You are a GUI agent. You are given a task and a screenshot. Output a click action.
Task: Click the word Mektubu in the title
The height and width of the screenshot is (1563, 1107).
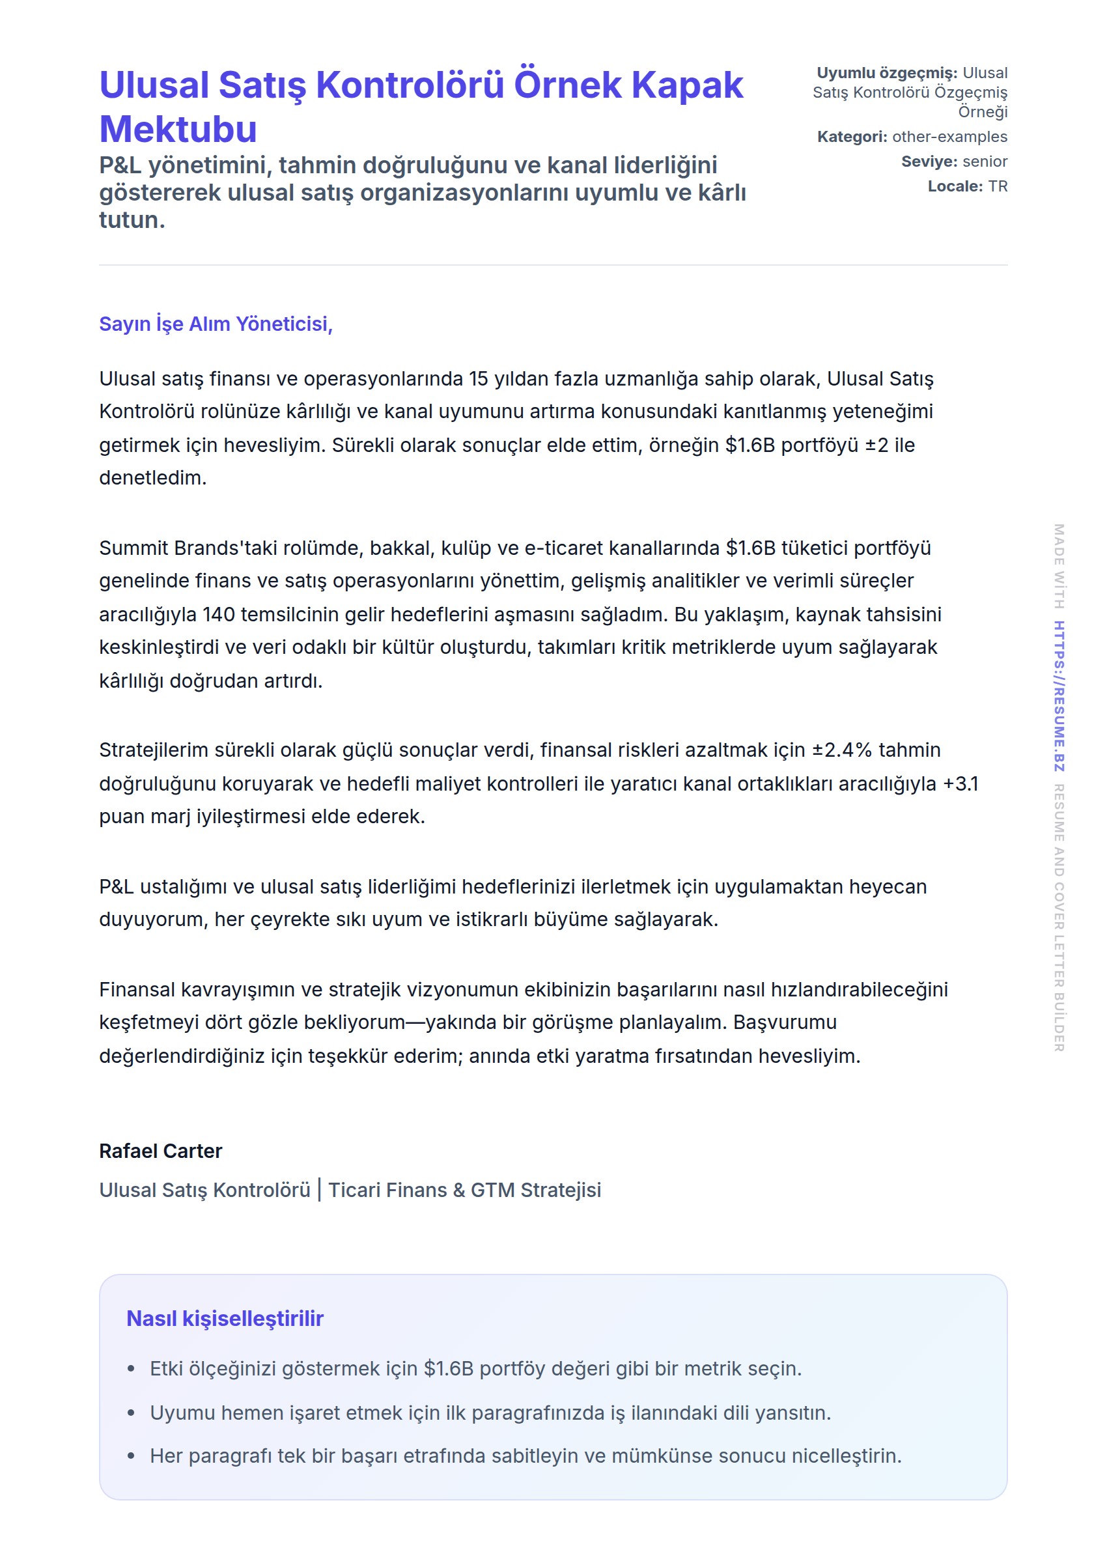[178, 129]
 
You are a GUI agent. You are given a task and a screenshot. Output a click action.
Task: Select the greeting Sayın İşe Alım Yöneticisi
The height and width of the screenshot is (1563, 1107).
[216, 324]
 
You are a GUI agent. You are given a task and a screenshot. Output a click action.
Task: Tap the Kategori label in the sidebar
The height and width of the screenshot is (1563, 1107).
[851, 136]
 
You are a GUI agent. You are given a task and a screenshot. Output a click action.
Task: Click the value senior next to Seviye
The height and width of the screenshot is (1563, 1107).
[985, 162]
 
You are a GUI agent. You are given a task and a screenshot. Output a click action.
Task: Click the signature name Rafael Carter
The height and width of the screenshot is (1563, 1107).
[160, 1151]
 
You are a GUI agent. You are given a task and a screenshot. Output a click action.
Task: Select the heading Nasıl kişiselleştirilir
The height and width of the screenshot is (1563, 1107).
[224, 1318]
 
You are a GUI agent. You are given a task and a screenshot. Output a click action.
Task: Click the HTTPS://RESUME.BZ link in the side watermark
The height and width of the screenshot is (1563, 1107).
[1059, 696]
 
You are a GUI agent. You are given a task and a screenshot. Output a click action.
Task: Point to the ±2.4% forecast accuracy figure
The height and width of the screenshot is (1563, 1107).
[842, 750]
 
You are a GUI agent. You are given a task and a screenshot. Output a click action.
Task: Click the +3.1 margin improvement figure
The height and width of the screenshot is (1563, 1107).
[960, 784]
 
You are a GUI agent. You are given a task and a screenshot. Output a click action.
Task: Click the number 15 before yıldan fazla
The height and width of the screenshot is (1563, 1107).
[479, 379]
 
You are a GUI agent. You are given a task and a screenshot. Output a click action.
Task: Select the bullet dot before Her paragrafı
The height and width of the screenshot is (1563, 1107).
[131, 1456]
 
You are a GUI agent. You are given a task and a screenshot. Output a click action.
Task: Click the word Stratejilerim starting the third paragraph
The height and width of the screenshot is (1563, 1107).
[154, 750]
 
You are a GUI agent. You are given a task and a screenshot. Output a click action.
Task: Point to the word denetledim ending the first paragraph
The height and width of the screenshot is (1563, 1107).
[152, 478]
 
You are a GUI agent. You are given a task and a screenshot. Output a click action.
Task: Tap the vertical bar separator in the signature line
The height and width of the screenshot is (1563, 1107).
[319, 1190]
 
